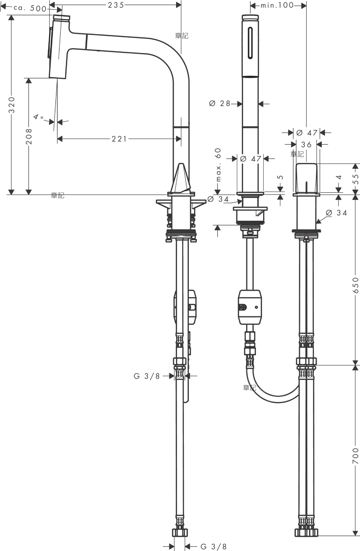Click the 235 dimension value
coord(116,5)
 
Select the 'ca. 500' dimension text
coord(30,8)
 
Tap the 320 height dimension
coord(11,105)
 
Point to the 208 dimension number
coord(29,136)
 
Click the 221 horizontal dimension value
coord(119,139)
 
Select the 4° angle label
coord(38,117)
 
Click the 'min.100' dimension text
coord(277,5)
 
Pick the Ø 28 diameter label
coord(220,104)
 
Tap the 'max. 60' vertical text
coord(218,165)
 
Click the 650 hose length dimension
coord(355,285)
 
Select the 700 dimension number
coord(355,456)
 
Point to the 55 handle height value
coord(355,179)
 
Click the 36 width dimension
coord(306,145)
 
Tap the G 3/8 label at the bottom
coord(213,546)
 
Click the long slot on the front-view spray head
coord(250,43)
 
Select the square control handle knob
coord(306,178)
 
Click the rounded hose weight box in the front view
coord(250,307)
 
